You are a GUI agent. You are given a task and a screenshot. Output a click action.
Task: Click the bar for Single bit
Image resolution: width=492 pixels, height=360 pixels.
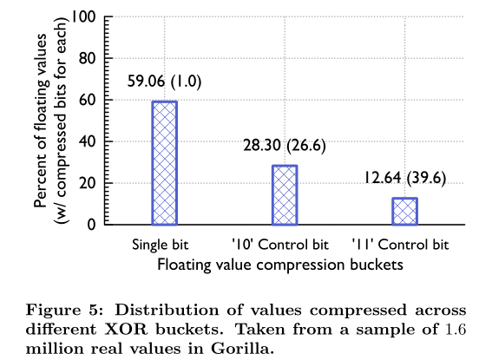pos(164,163)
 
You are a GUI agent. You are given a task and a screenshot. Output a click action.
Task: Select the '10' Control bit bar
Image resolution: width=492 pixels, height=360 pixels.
pos(285,195)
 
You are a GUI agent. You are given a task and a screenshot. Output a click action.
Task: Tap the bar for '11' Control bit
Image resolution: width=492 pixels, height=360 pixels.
pos(404,212)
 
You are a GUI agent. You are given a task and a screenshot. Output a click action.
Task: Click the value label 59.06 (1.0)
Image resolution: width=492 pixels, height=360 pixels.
pos(164,82)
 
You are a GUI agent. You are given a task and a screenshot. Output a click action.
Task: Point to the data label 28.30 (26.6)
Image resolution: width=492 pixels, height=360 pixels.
pos(285,145)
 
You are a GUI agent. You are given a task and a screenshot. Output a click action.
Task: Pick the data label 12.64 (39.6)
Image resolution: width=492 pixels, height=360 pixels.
pos(404,178)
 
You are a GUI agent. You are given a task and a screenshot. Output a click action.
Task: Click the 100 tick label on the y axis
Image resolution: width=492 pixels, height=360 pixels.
pos(84,16)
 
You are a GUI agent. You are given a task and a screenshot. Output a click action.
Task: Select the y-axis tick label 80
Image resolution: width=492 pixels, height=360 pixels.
pos(88,58)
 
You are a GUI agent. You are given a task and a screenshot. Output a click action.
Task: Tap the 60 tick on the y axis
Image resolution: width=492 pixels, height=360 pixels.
pos(88,100)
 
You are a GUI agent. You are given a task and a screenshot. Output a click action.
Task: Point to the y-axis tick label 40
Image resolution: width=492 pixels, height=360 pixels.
pos(88,141)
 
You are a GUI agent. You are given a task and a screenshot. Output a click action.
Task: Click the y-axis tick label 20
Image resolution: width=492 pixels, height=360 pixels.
pos(88,183)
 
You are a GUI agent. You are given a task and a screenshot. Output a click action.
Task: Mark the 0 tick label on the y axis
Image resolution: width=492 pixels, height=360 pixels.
pos(91,225)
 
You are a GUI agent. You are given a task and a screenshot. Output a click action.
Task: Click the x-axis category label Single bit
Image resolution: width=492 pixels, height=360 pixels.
pos(161,245)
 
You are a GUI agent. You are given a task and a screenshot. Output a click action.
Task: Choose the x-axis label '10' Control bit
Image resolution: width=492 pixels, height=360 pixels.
pos(280,245)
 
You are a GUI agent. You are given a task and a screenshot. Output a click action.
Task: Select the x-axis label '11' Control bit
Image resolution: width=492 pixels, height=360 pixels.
pos(400,245)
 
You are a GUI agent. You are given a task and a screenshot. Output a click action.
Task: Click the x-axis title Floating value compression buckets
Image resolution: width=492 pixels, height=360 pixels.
pos(280,265)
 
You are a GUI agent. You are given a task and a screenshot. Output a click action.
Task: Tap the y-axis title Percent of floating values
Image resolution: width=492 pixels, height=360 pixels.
pos(41,121)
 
